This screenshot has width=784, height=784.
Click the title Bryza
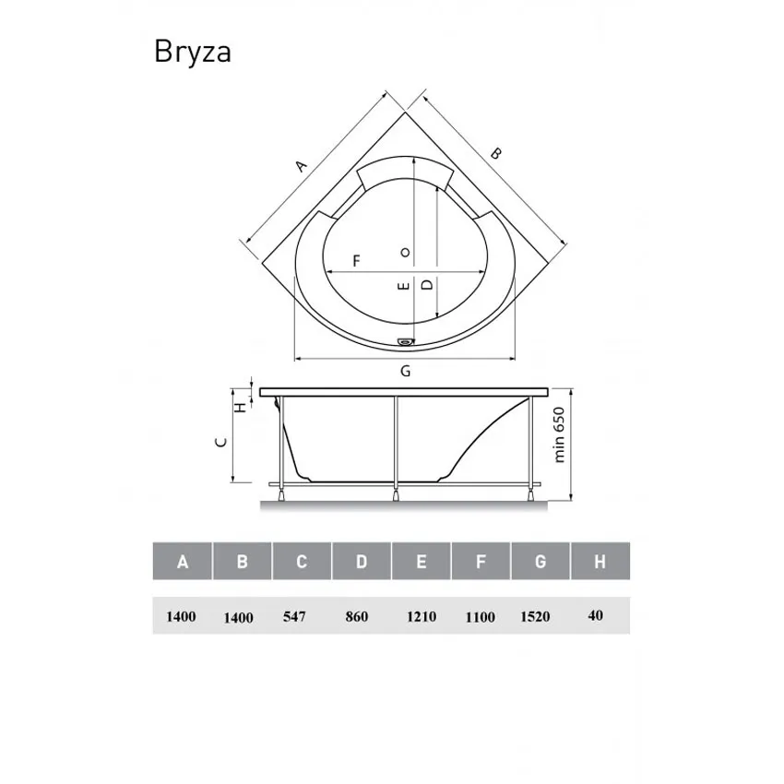coord(192,53)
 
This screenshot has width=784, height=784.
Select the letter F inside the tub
coord(356,261)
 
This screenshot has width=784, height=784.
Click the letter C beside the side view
coord(220,441)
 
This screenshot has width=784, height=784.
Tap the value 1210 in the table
coord(421,617)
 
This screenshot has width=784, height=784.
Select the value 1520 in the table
coord(535,617)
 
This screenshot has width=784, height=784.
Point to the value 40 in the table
coord(595,615)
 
